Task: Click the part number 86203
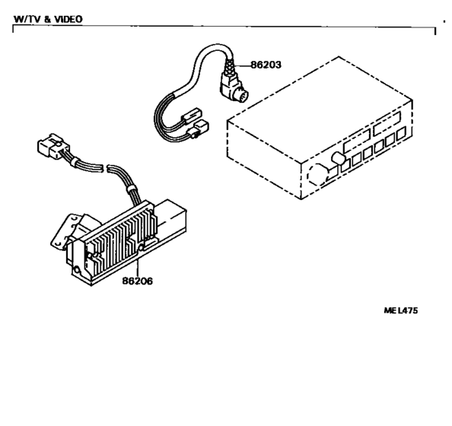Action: [x=266, y=65]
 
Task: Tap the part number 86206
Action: [x=138, y=281]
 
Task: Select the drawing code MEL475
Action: [x=401, y=310]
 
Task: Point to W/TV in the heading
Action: [x=27, y=19]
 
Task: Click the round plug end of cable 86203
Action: [x=241, y=95]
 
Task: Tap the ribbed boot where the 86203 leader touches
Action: [x=230, y=65]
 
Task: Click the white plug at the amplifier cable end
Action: [x=53, y=146]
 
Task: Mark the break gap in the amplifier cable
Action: [x=105, y=168]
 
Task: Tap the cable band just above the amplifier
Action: [x=132, y=189]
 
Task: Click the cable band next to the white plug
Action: [x=75, y=162]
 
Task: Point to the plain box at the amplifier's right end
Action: [x=170, y=216]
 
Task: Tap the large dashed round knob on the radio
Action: [x=319, y=174]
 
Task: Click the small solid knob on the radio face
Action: [x=339, y=158]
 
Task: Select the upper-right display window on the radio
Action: [x=387, y=123]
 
